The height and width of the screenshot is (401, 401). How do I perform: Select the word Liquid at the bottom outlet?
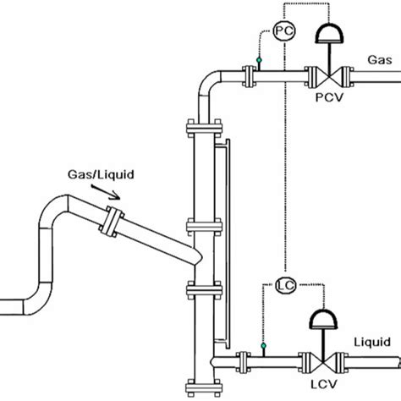[x=372, y=342]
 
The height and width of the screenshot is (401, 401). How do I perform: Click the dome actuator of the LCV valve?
[x=325, y=317]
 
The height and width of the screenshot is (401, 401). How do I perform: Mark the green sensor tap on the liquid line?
[x=264, y=346]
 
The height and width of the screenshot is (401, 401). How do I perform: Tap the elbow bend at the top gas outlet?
[x=208, y=84]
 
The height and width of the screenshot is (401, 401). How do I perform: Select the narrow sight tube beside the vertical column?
[x=222, y=245]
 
